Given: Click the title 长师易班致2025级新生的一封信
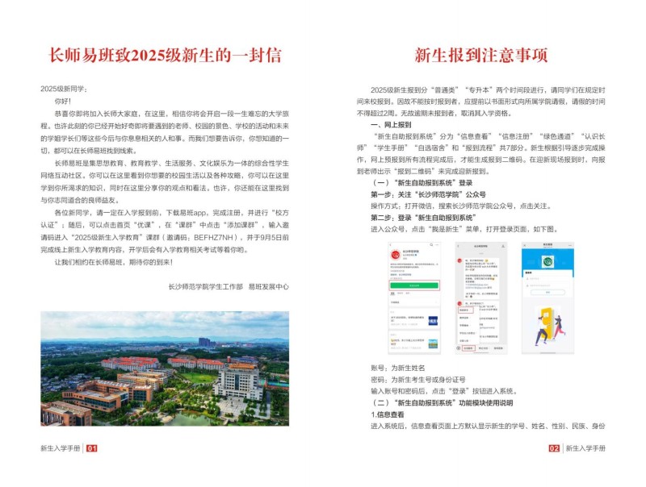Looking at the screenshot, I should (166, 55).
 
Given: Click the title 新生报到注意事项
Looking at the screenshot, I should (481, 55).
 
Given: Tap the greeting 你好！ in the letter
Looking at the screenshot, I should (63, 102).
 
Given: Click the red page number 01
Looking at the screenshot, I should (92, 448).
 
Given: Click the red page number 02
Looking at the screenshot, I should (554, 448).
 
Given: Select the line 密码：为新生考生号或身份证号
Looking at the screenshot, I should (416, 379).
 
